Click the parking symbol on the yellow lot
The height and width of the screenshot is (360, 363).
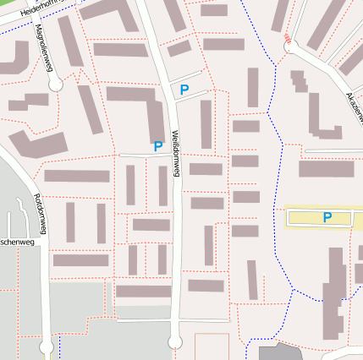[327, 218]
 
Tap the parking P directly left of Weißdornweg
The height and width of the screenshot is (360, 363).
[157, 146]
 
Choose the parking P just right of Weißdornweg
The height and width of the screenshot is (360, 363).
[184, 90]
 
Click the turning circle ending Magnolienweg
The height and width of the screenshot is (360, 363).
[56, 85]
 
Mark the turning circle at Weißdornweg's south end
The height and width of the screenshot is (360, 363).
[175, 342]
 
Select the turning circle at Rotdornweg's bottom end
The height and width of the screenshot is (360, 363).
[47, 347]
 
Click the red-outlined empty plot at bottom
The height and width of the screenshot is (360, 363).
[212, 346]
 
